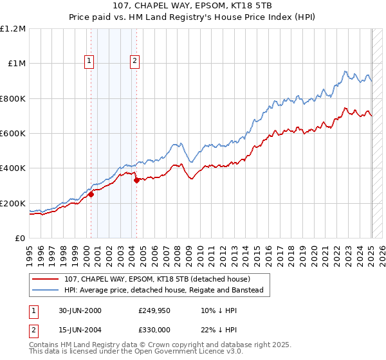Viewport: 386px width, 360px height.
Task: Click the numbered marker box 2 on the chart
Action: [x=134, y=62]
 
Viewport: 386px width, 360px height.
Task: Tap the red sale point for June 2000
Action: [x=91, y=195]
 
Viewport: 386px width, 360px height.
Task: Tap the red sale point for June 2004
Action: [x=136, y=181]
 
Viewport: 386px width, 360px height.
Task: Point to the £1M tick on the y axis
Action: [x=17, y=64]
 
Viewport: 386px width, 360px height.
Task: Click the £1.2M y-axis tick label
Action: [x=13, y=29]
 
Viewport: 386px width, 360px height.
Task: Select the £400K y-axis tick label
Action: [x=13, y=168]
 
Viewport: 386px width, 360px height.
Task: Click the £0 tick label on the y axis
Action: [x=20, y=238]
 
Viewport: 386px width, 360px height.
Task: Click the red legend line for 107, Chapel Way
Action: [x=45, y=279]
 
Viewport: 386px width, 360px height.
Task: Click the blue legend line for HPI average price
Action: [x=45, y=290]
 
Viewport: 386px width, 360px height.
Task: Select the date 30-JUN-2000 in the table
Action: [x=80, y=310]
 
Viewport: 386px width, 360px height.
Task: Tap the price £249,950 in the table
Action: [x=153, y=310]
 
